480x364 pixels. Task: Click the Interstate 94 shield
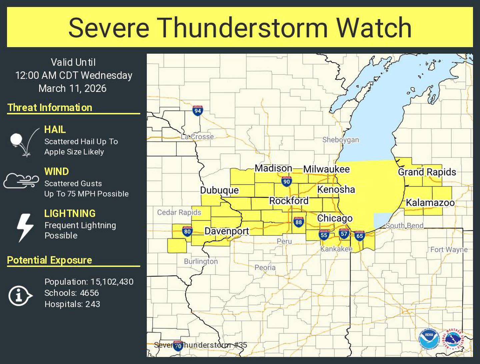tap(198, 111)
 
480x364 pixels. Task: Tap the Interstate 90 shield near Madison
tap(286, 181)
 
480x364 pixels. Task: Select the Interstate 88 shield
tap(298, 222)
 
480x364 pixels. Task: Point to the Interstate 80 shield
tap(187, 231)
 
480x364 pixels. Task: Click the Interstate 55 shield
tap(324, 235)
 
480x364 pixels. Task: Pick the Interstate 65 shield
tap(359, 236)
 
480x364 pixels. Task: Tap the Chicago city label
tap(335, 218)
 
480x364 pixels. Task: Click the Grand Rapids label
tap(427, 172)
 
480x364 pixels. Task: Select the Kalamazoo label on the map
tap(430, 203)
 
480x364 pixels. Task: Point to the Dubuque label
tap(219, 190)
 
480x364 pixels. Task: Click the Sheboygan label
tap(340, 140)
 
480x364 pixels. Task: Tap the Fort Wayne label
tap(449, 249)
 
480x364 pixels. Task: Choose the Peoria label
tap(265, 267)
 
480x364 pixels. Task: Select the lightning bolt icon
tap(25, 227)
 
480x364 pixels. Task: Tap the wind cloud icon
tap(21, 181)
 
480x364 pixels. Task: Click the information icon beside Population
tap(20, 296)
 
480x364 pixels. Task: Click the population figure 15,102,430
tap(112, 282)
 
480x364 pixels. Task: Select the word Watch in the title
tap(374, 27)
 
